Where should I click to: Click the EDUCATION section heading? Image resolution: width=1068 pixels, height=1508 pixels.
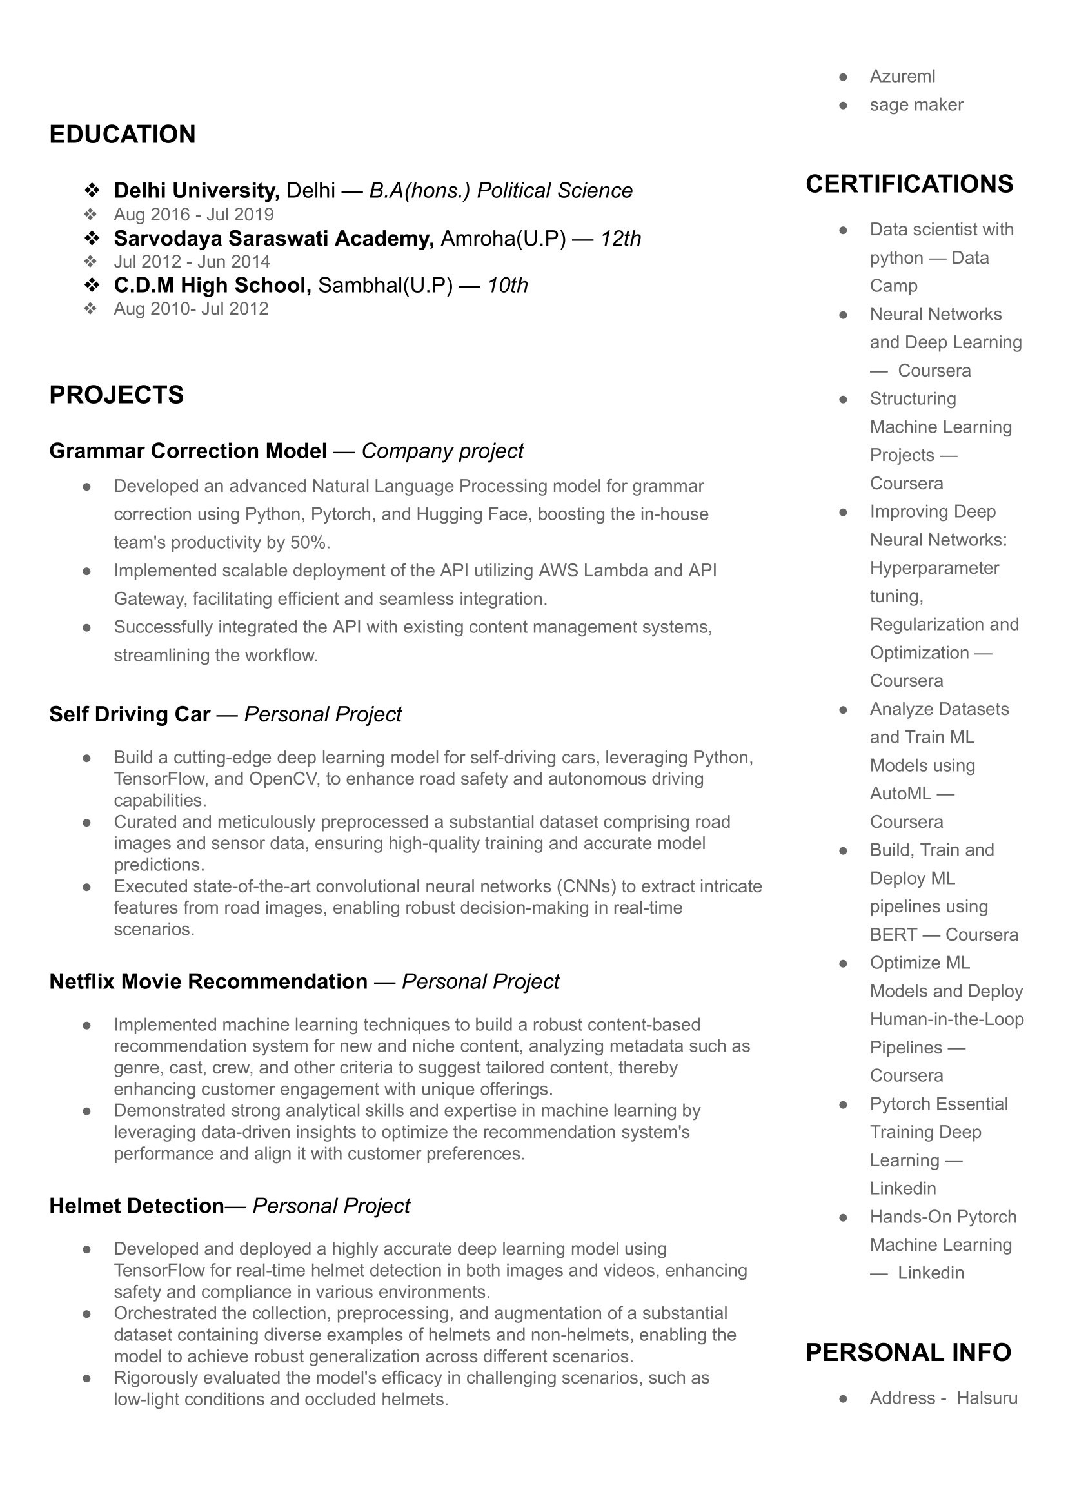coord(123,135)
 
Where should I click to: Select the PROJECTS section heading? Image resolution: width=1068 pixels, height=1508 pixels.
coord(116,395)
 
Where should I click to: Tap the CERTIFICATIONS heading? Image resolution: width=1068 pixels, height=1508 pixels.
coord(909,184)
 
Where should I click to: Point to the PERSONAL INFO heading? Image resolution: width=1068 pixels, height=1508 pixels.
coord(908,1353)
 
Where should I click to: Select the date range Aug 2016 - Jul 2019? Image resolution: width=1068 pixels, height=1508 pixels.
coord(193,214)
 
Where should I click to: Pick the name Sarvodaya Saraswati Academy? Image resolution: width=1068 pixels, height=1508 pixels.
coord(273,238)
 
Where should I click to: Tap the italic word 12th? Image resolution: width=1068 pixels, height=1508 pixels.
coord(620,238)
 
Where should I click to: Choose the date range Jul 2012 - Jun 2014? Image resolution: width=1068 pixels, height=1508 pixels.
coord(192,262)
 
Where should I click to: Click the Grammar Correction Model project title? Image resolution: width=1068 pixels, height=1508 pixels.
coord(188,451)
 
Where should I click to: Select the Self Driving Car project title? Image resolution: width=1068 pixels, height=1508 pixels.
coord(130,714)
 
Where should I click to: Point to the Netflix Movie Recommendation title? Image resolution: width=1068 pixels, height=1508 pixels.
coord(208,981)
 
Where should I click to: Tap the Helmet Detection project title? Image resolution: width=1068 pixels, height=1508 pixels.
coord(137,1206)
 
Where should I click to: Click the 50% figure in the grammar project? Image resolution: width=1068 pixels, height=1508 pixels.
coord(308,543)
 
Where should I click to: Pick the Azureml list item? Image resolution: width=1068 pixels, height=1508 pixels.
coord(902,76)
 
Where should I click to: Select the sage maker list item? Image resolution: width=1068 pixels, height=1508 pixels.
coord(916,104)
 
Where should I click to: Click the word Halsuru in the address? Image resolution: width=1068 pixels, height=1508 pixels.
coord(987,1398)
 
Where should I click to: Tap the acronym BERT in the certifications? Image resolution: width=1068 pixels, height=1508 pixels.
coord(893,935)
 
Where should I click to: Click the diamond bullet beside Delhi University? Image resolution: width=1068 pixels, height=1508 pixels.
coord(92,191)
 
